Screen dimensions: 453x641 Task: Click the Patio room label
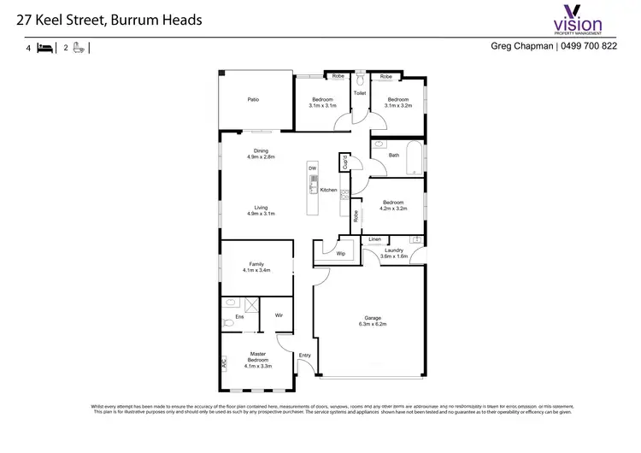[x=253, y=100]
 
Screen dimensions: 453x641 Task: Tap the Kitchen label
[x=328, y=190]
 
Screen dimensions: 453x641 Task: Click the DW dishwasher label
[x=313, y=168]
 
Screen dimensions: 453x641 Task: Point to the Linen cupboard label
[x=374, y=239]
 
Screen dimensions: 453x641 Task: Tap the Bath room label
[x=393, y=156]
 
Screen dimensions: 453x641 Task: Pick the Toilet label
[x=360, y=92]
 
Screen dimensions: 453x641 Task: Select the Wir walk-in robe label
[x=279, y=315]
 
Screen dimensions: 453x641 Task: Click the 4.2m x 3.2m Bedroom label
[x=393, y=205]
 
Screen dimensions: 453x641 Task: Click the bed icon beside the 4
[x=44, y=49]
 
